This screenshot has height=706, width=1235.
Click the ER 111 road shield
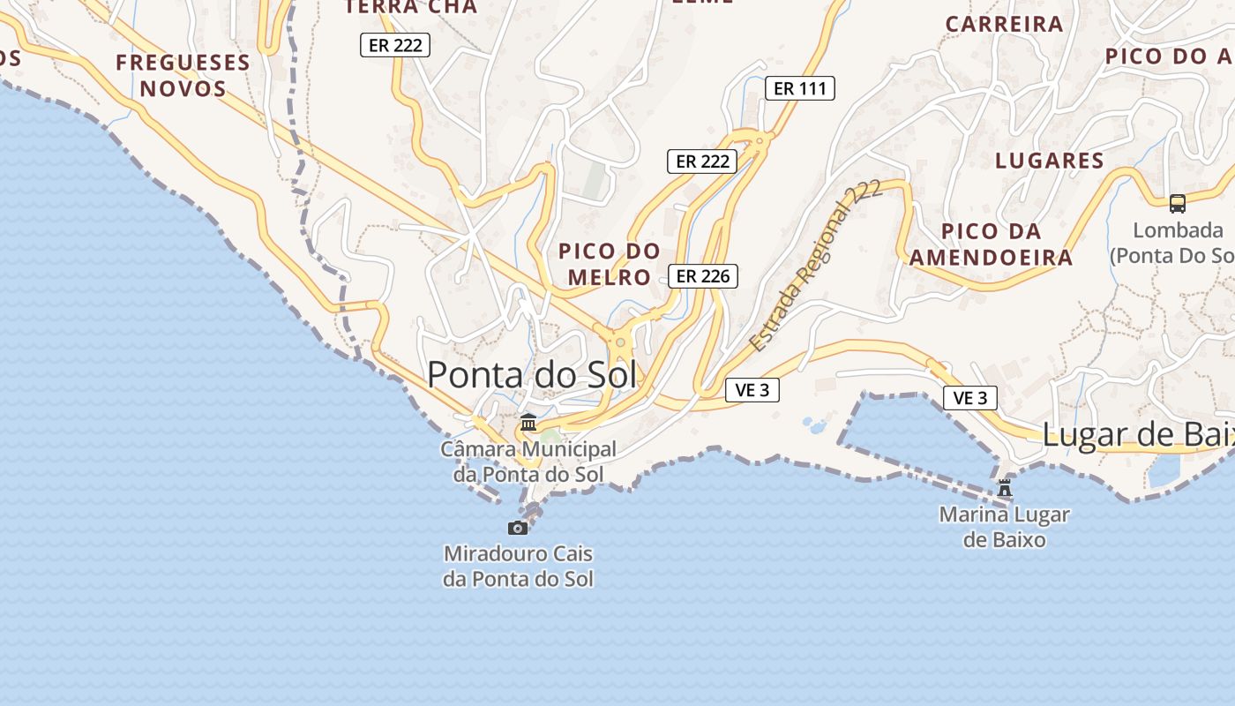pos(799,88)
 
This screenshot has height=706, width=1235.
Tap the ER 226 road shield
pos(702,276)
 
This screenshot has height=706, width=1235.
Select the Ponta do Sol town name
pos(531,375)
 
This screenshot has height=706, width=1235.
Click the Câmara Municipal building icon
pos(528,423)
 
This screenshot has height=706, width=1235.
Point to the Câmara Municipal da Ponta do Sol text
pos(528,462)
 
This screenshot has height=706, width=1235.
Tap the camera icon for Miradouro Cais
pos(518,528)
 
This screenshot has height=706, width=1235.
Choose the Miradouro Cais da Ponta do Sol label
pos(518,567)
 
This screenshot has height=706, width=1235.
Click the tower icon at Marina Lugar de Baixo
pos(1004,487)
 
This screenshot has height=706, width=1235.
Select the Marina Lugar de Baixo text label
pos(1004,526)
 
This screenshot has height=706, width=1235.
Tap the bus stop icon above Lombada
pos(1177,204)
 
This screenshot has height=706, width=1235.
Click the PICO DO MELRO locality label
pos(610,264)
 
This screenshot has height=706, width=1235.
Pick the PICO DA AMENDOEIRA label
pos(992,244)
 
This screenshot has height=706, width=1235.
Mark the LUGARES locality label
pos(1050,161)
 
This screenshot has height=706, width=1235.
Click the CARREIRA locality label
pos(1005,24)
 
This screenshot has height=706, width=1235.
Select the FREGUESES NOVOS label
pos(183,75)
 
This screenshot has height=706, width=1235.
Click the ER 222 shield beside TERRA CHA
pos(395,45)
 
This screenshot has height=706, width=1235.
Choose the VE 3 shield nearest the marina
pos(970,398)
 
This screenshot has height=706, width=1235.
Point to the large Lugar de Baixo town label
pos(1138,435)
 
